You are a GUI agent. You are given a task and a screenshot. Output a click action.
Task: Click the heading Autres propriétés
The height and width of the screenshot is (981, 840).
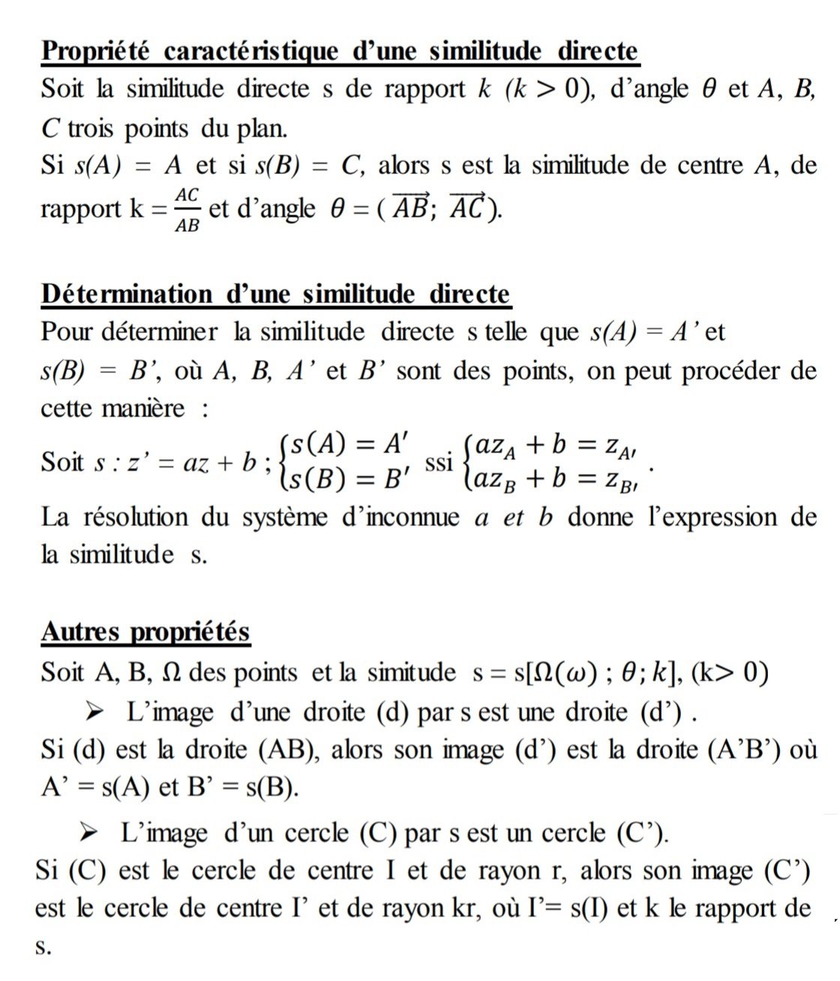pyautogui.click(x=145, y=631)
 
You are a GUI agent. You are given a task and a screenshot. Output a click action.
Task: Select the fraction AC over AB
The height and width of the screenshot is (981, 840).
pyautogui.click(x=187, y=209)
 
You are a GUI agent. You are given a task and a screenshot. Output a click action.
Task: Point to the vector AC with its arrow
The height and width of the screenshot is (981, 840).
pyautogui.click(x=466, y=207)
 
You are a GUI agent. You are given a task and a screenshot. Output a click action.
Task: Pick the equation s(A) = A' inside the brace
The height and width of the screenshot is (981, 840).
pyautogui.click(x=348, y=445)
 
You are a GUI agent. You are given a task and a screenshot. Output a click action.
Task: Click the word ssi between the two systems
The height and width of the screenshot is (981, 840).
pyautogui.click(x=439, y=462)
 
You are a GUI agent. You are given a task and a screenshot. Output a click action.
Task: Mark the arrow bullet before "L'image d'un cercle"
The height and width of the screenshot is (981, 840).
pyautogui.click(x=89, y=832)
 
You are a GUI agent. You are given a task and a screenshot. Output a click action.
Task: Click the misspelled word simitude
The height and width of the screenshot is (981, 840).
pyautogui.click(x=411, y=672)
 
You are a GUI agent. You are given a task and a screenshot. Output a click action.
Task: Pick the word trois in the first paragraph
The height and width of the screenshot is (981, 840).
pyautogui.click(x=92, y=129)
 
